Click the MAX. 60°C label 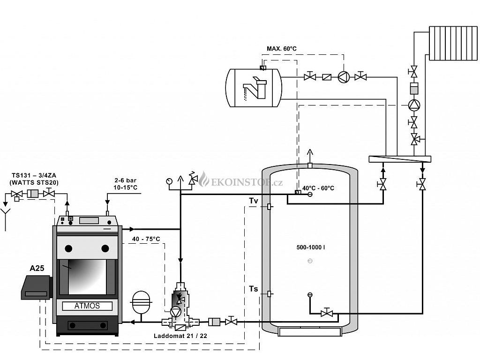pyautogui.click(x=282, y=49)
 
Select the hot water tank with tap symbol pyautogui.click(x=254, y=88)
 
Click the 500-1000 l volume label pyautogui.click(x=310, y=247)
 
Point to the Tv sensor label pyautogui.click(x=254, y=201)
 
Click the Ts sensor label pyautogui.click(x=254, y=289)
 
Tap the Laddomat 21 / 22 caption pyautogui.click(x=180, y=336)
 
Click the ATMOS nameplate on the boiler pyautogui.click(x=87, y=306)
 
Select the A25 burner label pyautogui.click(x=37, y=268)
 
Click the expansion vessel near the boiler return pyautogui.click(x=141, y=302)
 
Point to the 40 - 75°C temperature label pyautogui.click(x=146, y=239)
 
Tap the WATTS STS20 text pyautogui.click(x=34, y=182)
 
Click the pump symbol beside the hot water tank pyautogui.click(x=344, y=77)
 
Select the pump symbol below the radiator pyautogui.click(x=414, y=105)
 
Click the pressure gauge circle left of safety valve pyautogui.click(x=169, y=181)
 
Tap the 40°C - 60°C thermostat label pyautogui.click(x=318, y=188)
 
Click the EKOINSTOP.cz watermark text pyautogui.click(x=247, y=183)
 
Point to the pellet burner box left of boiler pyautogui.click(x=36, y=287)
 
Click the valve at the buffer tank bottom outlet pyautogui.click(x=327, y=313)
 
